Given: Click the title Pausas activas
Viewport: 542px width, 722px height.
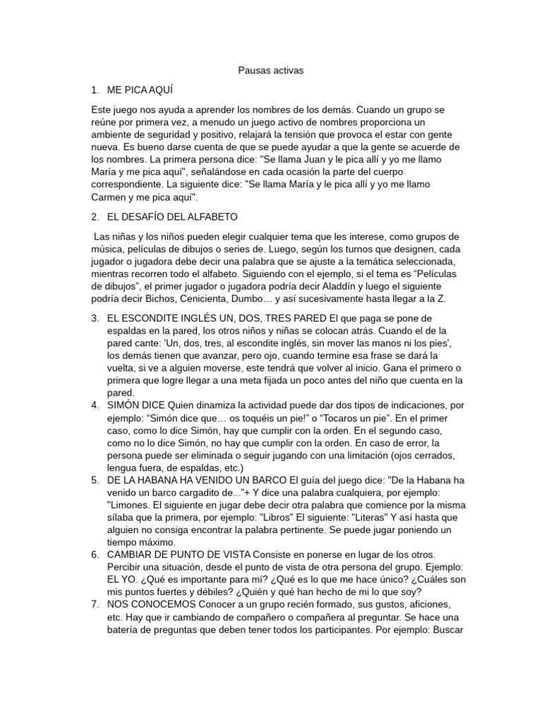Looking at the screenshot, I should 270,71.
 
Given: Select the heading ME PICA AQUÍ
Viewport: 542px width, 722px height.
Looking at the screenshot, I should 140,90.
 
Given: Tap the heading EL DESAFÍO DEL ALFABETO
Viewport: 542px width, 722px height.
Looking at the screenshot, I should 172,216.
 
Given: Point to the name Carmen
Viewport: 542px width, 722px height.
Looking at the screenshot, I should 111,197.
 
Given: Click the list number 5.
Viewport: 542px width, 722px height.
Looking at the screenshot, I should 95,479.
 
